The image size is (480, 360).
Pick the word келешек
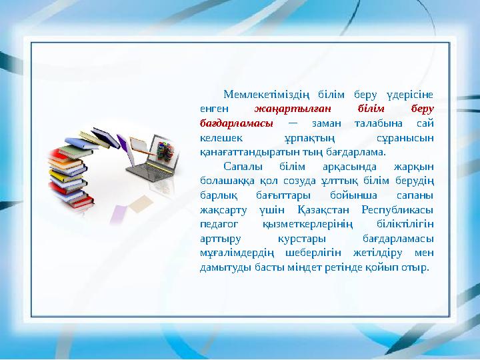pyautogui.click(x=223, y=137)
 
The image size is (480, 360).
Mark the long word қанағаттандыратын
pyautogui.click(x=246, y=151)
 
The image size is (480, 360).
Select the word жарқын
pyautogui.click(x=414, y=166)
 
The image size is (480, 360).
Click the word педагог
pyautogui.click(x=219, y=224)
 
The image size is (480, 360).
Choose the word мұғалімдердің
pyautogui.click(x=235, y=253)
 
